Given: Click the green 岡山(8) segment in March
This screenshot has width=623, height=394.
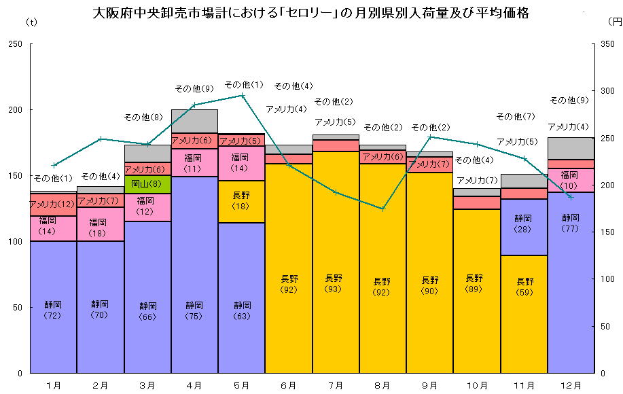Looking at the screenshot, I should pyautogui.click(x=147, y=184).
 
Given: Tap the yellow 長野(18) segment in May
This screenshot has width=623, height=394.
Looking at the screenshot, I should pyautogui.click(x=241, y=201).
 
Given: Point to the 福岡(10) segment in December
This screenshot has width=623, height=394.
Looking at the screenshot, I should pyautogui.click(x=571, y=180).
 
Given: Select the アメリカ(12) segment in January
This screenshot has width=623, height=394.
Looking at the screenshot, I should pyautogui.click(x=53, y=204).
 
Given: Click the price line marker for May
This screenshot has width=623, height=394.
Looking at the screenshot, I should pyautogui.click(x=241, y=95).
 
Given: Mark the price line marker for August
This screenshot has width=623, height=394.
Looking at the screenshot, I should pyautogui.click(x=382, y=209).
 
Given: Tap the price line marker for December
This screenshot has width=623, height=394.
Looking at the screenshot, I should pyautogui.click(x=571, y=197).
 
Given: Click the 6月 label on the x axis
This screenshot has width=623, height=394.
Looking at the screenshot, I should pyautogui.click(x=288, y=385).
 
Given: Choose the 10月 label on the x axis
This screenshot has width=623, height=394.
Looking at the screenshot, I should pyautogui.click(x=476, y=385).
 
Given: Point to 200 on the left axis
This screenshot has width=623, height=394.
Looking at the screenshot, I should pyautogui.click(x=14, y=110).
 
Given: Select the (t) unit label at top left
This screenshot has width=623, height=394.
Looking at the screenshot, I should pyautogui.click(x=31, y=22).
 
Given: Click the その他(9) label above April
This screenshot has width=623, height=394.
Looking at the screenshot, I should pyautogui.click(x=194, y=88).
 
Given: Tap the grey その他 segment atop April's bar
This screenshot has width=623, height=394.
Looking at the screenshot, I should pyautogui.click(x=194, y=121).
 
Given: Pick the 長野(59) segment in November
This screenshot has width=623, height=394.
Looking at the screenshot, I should pyautogui.click(x=524, y=314).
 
